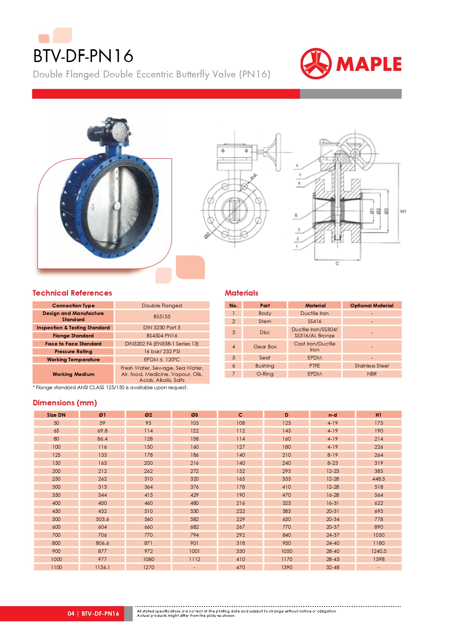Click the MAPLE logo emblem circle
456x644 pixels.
(x=316, y=64)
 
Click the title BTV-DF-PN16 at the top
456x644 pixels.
(x=83, y=56)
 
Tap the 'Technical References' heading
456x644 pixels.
(x=72, y=293)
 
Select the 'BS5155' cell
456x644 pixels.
(x=162, y=316)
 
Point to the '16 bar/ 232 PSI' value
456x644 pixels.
(x=162, y=351)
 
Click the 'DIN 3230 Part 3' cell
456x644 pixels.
(x=162, y=328)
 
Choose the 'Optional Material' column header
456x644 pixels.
(x=371, y=305)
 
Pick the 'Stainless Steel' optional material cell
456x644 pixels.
(x=371, y=366)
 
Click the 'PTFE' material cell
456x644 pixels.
(x=315, y=366)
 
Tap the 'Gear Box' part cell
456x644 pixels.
(x=265, y=347)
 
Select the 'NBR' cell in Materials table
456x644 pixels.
(x=371, y=374)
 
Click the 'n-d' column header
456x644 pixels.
(x=333, y=415)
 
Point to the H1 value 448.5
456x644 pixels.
(x=378, y=479)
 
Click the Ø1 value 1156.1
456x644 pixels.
(x=102, y=567)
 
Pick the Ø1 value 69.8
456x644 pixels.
(x=102, y=431)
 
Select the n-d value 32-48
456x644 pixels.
(x=333, y=567)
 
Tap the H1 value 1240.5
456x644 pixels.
(x=378, y=551)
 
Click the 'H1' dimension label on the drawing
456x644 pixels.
(x=403, y=211)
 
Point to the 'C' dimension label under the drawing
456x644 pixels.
(x=337, y=264)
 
